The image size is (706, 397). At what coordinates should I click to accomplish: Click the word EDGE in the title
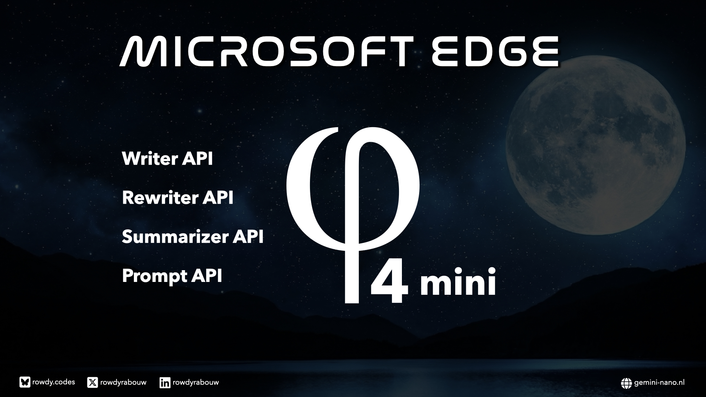tap(495, 51)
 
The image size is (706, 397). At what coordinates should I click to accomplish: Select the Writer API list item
tap(167, 159)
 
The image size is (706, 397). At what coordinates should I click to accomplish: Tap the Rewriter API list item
tap(178, 198)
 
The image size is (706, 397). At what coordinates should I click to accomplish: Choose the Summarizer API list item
tap(193, 237)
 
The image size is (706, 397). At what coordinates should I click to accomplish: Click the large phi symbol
tap(353, 215)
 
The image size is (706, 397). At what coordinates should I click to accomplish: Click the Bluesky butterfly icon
tap(25, 382)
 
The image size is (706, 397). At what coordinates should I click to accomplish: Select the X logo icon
tap(93, 383)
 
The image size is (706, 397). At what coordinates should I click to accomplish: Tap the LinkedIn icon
tap(165, 383)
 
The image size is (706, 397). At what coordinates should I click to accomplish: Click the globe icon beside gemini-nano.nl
tap(626, 383)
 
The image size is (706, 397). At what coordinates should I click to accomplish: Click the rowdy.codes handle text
tap(54, 382)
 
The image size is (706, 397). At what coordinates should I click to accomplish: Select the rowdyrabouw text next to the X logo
tap(123, 383)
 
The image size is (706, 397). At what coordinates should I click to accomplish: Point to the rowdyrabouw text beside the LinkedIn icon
tap(196, 383)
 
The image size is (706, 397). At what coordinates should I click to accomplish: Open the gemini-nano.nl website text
tap(659, 383)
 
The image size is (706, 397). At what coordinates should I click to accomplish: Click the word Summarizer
tap(175, 237)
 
